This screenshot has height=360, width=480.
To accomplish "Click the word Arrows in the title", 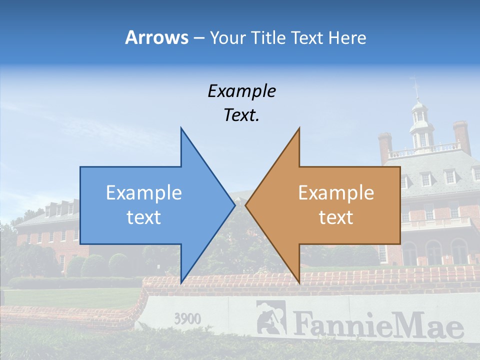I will pos(156,37).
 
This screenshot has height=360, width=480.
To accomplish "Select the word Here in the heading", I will pos(347,37).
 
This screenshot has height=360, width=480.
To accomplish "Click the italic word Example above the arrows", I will pos(241,91).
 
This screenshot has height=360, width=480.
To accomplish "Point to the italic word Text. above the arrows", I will pos(241,115).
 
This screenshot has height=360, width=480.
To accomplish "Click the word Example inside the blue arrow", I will pos(144,193).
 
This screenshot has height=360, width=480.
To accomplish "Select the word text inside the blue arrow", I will pos(144,217).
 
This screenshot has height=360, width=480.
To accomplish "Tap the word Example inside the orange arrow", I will pos(336,193).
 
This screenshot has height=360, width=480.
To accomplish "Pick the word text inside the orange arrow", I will pos(336,217).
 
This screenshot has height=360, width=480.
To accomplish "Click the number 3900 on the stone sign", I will pos(187,318).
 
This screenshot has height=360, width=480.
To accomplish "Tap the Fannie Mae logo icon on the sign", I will pos(270,317).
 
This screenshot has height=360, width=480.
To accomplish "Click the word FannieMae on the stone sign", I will pos(377,325).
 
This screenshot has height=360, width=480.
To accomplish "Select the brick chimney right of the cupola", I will pos(461,136).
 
